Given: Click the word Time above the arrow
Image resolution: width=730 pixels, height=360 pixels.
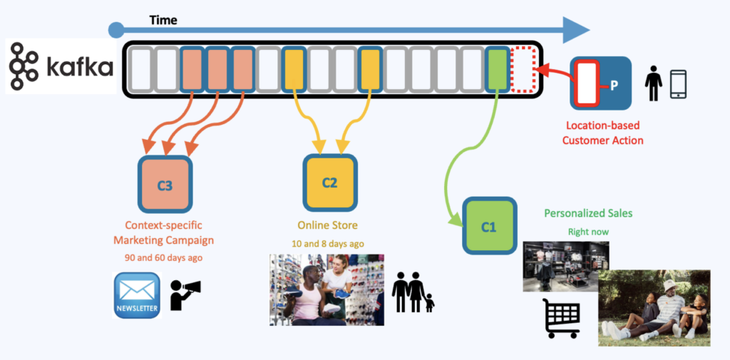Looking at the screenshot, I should tap(163, 20).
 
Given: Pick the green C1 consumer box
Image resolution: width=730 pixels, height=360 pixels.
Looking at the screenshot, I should tap(489, 227).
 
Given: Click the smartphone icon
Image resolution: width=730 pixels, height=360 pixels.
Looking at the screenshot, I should tap(678, 84).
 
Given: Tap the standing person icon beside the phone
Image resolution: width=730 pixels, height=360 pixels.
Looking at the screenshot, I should tap(652, 83).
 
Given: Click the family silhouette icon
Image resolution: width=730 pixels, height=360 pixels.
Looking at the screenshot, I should tap(414, 292).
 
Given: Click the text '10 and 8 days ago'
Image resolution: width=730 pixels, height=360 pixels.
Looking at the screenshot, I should tap(329, 244).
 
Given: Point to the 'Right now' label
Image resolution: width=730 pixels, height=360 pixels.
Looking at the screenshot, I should tap(588, 232).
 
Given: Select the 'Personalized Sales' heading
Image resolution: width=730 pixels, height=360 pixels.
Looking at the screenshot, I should tap(588, 213).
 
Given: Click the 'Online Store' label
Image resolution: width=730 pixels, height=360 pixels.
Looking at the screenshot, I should tap(329, 225).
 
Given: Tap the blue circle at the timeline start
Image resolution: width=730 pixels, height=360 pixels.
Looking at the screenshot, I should tap(116, 30).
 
